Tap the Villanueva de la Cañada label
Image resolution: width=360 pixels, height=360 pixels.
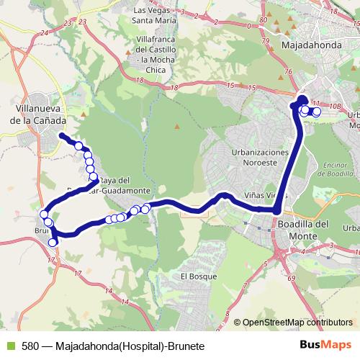click(x=38, y=115)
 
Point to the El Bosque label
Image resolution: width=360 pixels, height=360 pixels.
click(x=194, y=276)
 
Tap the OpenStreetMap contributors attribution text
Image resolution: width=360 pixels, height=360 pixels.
click(x=297, y=323)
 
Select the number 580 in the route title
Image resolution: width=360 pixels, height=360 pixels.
click(x=30, y=346)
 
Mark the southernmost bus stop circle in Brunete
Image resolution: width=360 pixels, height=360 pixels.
click(x=53, y=242)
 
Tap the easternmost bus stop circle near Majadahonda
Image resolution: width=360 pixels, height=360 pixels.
click(x=317, y=112)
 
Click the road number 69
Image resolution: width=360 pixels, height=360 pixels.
click(x=290, y=277)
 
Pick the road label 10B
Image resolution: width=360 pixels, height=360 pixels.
click(x=334, y=104)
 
